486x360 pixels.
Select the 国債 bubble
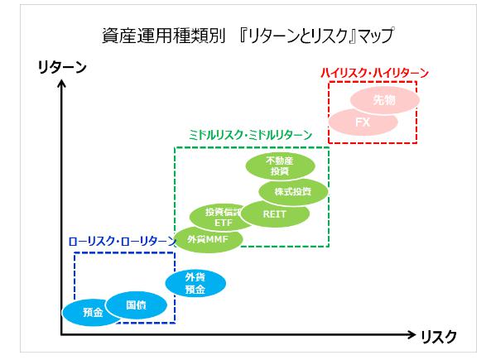tap(135, 305)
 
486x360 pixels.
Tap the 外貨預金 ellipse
tap(195, 284)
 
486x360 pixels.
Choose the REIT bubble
tap(274, 214)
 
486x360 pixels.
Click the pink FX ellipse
tap(362, 122)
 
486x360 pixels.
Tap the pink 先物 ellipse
tap(384, 101)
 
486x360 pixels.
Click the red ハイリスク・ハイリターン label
tap(374, 73)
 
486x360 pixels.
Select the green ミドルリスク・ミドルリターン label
tap(247, 134)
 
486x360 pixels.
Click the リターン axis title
tap(62, 68)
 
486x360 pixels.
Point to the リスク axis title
tap(439, 336)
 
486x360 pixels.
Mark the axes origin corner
tap(61, 335)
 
